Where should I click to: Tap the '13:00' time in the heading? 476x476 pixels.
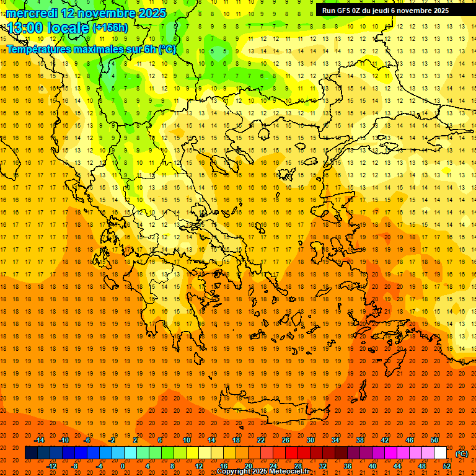click(25, 28)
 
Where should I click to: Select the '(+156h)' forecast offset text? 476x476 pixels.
click(110, 28)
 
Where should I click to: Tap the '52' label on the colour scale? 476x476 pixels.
click(447, 466)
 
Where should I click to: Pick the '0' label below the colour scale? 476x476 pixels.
click(123, 466)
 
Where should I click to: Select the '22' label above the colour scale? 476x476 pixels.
click(261, 440)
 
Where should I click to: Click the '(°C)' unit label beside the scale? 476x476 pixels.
click(462, 454)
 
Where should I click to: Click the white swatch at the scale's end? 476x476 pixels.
click(441, 453)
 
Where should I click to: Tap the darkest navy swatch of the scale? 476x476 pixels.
click(31, 453)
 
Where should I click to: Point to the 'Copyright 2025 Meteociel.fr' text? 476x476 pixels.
click(263, 472)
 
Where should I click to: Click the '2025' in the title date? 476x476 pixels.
click(152, 13)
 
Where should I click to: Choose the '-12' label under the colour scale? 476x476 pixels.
click(52, 466)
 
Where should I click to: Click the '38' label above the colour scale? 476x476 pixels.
click(360, 440)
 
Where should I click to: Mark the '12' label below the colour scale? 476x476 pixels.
click(200, 466)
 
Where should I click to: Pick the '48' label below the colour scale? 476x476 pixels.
click(422, 466)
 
